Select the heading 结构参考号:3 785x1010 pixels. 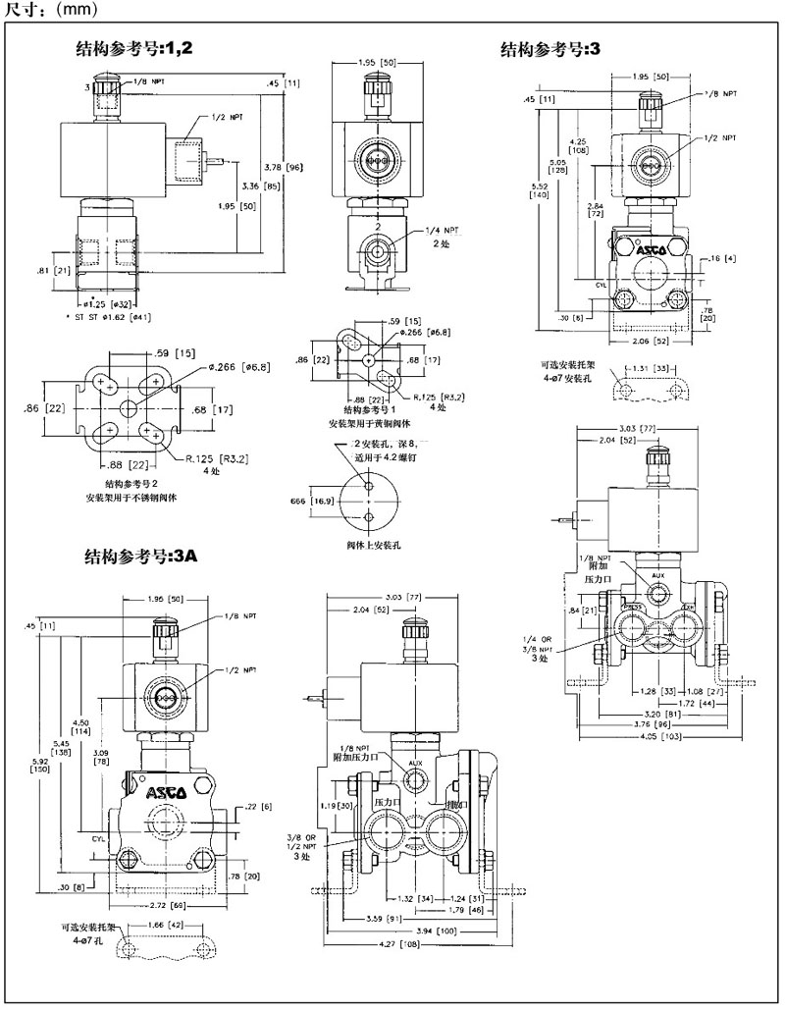[549, 48]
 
